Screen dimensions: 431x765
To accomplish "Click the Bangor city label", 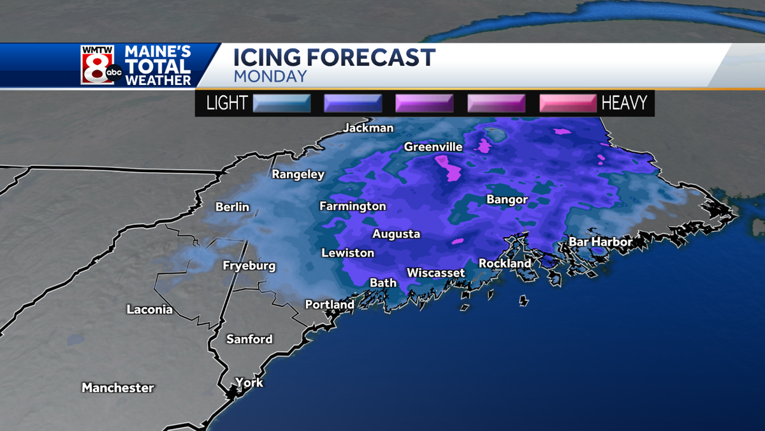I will pyautogui.click(x=507, y=200).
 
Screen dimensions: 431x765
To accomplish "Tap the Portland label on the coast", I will pyautogui.click(x=329, y=305).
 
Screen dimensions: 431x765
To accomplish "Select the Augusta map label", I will pyautogui.click(x=396, y=234).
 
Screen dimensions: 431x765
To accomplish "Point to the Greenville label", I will pyautogui.click(x=433, y=147).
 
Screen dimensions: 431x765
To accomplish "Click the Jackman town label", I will pyautogui.click(x=368, y=128).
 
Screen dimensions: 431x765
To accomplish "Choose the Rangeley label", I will pyautogui.click(x=298, y=174).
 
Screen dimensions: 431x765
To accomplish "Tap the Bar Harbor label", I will pyautogui.click(x=600, y=242).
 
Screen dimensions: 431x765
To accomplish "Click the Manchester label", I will pyautogui.click(x=118, y=388).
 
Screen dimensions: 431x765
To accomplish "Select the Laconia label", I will pyautogui.click(x=150, y=310).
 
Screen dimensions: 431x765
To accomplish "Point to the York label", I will pyautogui.click(x=249, y=383).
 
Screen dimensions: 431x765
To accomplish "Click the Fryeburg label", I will pyautogui.click(x=249, y=266).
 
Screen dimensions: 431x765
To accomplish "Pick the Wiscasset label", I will pyautogui.click(x=435, y=273).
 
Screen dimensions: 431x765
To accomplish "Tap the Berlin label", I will pyautogui.click(x=232, y=207).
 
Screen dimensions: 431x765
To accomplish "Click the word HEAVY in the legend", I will pyautogui.click(x=624, y=103).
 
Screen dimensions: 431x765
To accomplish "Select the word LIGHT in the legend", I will pyautogui.click(x=227, y=103).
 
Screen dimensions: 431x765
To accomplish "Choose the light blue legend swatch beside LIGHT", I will pyautogui.click(x=282, y=103).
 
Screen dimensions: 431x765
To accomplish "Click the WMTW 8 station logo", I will pyautogui.click(x=101, y=64).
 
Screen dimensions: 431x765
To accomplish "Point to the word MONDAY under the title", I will pyautogui.click(x=270, y=77).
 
